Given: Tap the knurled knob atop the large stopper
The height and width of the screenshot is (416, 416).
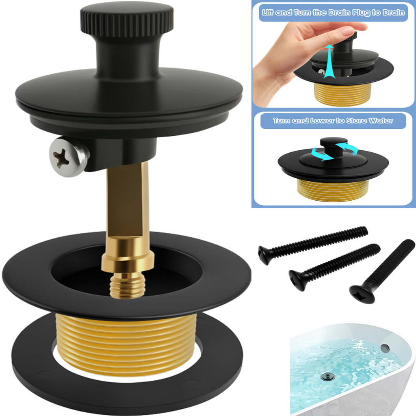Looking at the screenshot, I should coord(127,20).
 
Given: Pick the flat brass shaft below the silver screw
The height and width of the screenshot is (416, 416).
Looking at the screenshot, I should coord(127,203).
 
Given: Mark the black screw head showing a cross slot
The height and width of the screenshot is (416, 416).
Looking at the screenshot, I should coord(362,294).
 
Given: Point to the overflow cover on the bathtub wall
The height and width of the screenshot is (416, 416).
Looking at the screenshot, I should coord(384,348).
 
